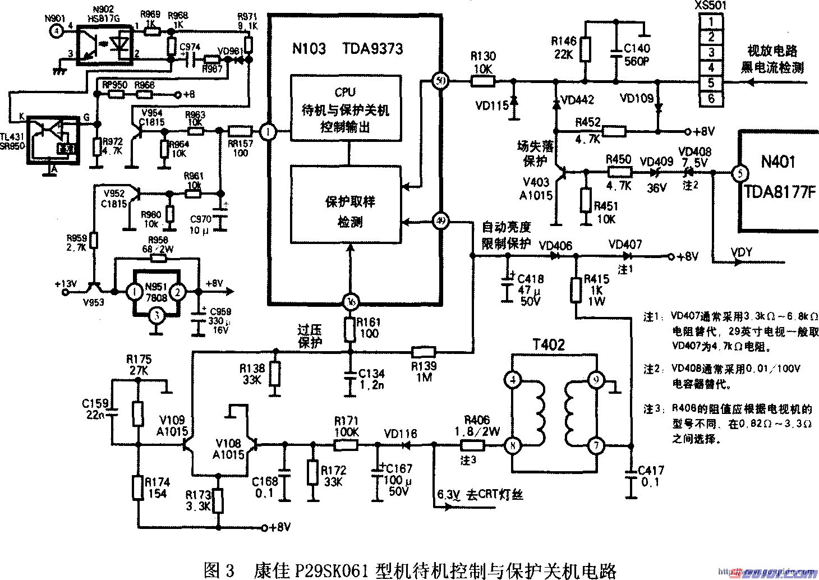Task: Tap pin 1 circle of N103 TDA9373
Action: click(x=269, y=132)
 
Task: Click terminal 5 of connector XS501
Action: click(x=711, y=82)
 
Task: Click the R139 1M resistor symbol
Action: click(x=424, y=352)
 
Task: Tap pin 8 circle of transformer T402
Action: click(x=513, y=446)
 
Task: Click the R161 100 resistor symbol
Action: click(x=349, y=330)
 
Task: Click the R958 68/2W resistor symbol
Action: click(x=158, y=258)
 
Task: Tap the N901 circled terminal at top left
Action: click(x=56, y=31)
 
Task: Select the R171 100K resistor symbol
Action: click(x=346, y=445)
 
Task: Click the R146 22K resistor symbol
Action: click(x=586, y=49)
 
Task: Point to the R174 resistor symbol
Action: click(x=137, y=487)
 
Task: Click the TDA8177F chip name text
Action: click(x=779, y=192)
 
